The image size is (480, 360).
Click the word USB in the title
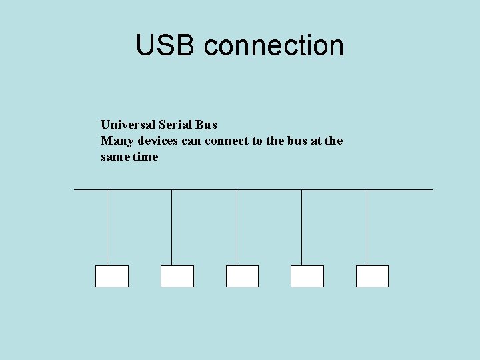[x=167, y=45]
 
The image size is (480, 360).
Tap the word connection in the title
[x=274, y=45]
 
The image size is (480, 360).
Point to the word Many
[x=115, y=141]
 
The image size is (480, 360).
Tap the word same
[x=115, y=157]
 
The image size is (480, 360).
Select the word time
[x=146, y=157]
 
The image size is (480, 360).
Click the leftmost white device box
[x=112, y=276]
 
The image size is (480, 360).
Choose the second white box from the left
[x=177, y=276]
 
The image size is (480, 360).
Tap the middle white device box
[x=242, y=276]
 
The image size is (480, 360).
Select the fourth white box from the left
[x=307, y=276]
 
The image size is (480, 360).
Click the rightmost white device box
[x=372, y=276]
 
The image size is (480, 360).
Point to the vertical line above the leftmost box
[x=107, y=227]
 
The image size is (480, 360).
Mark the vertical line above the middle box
[x=237, y=227]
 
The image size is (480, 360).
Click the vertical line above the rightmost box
[x=367, y=227]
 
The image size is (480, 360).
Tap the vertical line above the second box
[x=171, y=227]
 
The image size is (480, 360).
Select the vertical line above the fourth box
[x=301, y=227]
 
